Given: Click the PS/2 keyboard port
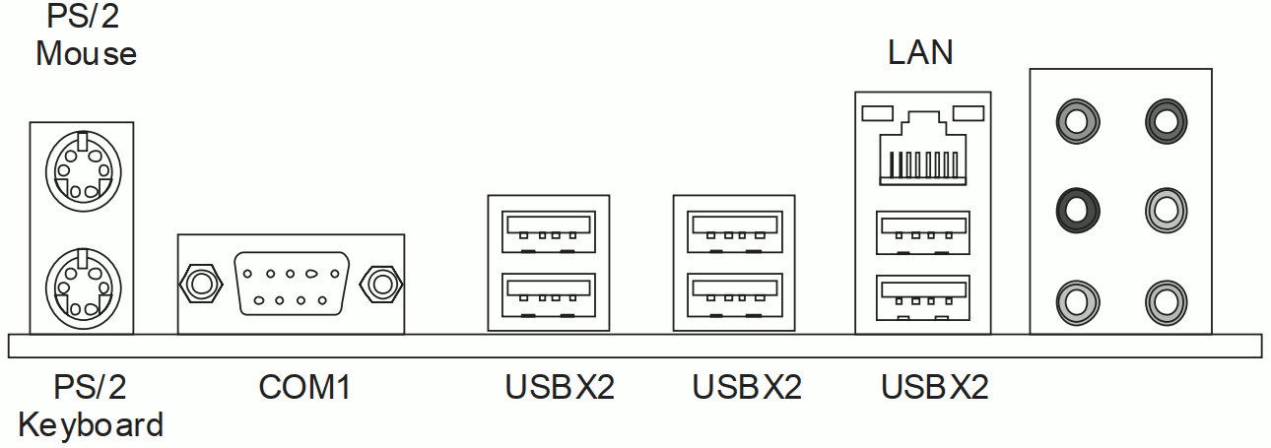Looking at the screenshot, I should [x=82, y=284].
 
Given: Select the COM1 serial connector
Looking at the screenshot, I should [x=291, y=284].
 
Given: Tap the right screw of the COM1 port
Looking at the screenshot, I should [x=379, y=284].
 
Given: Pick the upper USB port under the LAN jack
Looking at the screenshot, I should [x=920, y=232].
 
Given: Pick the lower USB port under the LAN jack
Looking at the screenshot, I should [x=920, y=295].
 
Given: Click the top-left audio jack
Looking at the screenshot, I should [x=1075, y=121].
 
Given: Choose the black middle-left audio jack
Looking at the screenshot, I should [x=1075, y=208].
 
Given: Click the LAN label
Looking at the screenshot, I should [x=920, y=52].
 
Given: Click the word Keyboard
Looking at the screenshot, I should [x=91, y=425].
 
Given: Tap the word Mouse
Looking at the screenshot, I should [x=86, y=52].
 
